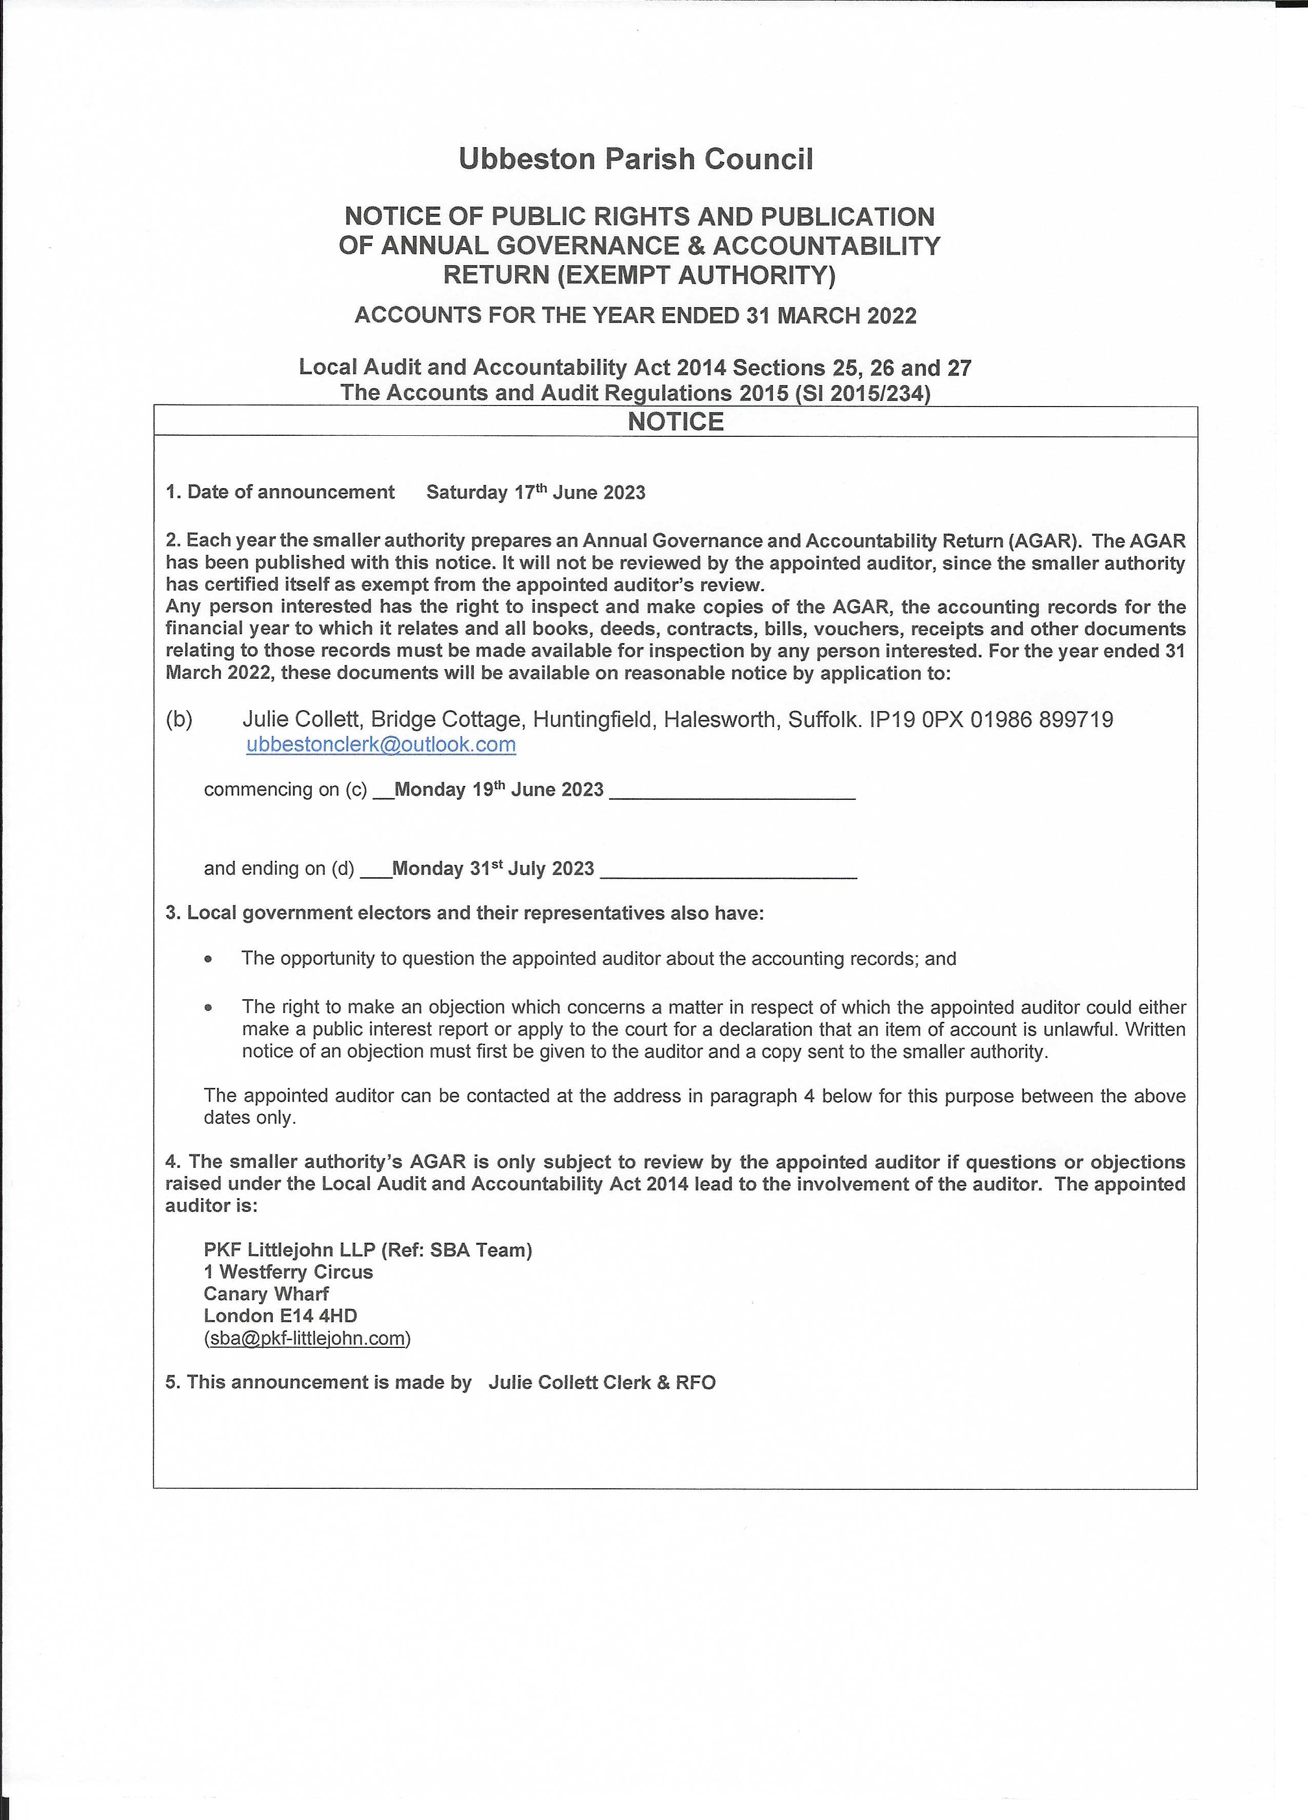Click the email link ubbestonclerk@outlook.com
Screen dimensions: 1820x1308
click(381, 745)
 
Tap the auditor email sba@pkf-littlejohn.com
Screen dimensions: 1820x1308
click(308, 1338)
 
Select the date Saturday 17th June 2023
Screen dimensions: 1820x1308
click(536, 492)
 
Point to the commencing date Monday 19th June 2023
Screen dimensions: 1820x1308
click(499, 790)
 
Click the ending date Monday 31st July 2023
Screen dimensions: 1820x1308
click(492, 868)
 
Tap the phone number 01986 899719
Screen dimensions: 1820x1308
click(1041, 719)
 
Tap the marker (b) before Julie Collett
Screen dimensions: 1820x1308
click(179, 719)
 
